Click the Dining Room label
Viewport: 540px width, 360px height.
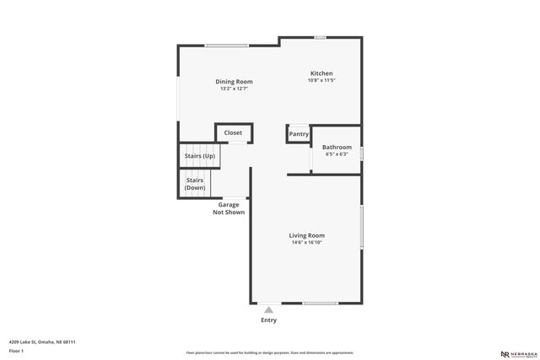234,82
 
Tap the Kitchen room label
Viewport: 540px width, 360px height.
321,73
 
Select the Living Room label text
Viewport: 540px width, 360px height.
306,235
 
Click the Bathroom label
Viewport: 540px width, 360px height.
337,147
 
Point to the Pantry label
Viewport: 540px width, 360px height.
299,134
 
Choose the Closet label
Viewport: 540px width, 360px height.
233,132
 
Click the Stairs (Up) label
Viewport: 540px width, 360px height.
199,156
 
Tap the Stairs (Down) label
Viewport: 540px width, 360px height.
195,184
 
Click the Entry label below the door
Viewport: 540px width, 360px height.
268,320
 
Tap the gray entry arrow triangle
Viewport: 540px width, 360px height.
268,309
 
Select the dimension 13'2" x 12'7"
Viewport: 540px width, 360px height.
234,89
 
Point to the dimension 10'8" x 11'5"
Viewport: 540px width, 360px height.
321,81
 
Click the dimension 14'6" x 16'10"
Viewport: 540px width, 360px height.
306,243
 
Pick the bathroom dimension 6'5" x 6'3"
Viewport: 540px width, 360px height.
337,154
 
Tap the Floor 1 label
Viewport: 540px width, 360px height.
15,351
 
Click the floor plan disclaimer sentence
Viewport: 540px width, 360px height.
269,352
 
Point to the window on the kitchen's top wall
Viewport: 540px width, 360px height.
321,37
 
